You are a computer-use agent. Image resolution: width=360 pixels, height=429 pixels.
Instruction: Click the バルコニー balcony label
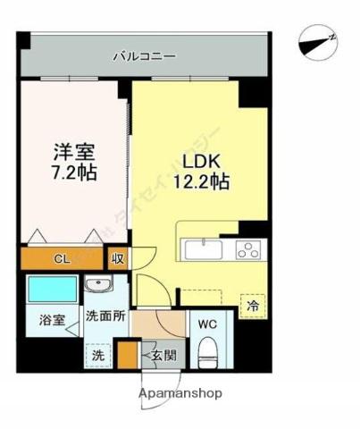pos(144,56)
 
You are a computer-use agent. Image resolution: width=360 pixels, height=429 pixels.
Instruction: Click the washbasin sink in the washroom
pos(98,286)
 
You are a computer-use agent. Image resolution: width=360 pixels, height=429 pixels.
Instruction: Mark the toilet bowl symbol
pos(206,351)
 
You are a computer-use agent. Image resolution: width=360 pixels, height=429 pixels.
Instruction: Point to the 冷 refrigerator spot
pos(253,305)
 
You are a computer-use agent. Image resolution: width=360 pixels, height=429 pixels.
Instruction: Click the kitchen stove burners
pos(247,249)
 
